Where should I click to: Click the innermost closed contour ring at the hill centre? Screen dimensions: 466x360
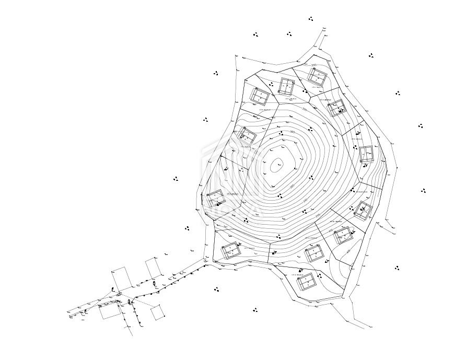click(x=276, y=166)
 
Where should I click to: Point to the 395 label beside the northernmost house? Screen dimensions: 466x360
click(x=313, y=65)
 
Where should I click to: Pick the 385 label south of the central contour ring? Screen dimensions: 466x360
click(x=292, y=186)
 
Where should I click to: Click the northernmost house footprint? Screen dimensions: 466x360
click(x=317, y=76)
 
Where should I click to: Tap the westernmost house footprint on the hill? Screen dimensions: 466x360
click(x=215, y=199)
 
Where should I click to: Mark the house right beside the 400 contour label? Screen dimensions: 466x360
click(x=343, y=235)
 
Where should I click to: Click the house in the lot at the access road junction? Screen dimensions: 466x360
click(x=230, y=251)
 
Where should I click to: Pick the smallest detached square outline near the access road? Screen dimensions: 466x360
click(x=157, y=312)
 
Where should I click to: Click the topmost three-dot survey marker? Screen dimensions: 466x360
click(x=311, y=19)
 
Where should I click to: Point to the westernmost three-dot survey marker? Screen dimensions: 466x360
click(x=176, y=179)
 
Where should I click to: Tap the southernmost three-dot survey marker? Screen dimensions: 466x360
click(x=255, y=310)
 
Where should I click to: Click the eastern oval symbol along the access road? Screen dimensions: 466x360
click(x=155, y=284)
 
